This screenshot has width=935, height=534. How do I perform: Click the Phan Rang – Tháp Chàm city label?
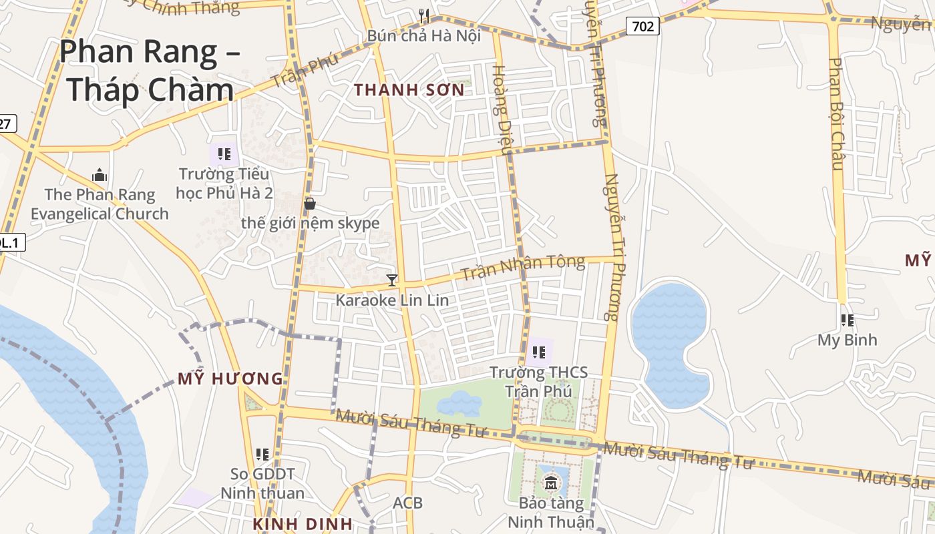tap(150, 70)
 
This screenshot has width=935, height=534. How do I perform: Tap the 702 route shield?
tap(642, 26)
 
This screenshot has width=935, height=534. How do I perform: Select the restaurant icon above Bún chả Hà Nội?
tap(423, 15)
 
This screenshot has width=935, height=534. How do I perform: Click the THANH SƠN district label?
tap(409, 90)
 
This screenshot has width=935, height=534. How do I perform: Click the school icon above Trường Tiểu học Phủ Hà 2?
tap(224, 154)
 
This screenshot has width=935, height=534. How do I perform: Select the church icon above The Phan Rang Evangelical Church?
tap(100, 176)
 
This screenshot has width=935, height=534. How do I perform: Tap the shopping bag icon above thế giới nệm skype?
tap(310, 204)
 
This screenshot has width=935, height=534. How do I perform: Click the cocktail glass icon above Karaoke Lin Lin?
tap(392, 280)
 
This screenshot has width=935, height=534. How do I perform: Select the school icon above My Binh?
tap(848, 320)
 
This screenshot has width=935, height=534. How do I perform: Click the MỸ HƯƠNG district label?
tap(230, 379)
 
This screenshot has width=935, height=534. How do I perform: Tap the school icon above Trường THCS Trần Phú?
tap(538, 351)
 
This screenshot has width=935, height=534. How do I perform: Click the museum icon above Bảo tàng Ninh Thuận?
tap(551, 483)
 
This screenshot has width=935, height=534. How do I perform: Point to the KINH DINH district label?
tap(303, 524)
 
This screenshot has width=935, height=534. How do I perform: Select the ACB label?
tap(407, 503)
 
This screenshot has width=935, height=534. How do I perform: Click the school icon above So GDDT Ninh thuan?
tap(262, 455)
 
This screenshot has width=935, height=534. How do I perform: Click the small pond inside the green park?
tap(459, 403)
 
